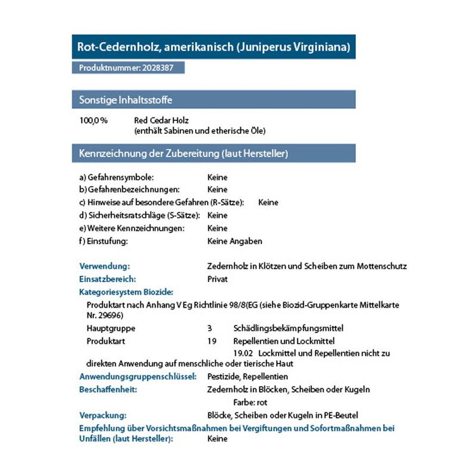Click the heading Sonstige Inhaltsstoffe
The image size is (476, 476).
tap(126, 99)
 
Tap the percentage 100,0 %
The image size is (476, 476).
tap(93, 120)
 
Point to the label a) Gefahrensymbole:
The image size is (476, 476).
tap(117, 177)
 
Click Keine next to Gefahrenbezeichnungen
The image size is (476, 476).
tap(217, 190)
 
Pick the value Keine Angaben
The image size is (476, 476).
tap(234, 241)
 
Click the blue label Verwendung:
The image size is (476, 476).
tap(104, 266)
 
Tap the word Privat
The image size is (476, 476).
tap(217, 278)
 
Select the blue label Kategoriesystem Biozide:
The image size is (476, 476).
tap(126, 292)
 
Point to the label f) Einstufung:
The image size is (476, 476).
tap(104, 241)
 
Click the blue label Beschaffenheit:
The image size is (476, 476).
tap(108, 389)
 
